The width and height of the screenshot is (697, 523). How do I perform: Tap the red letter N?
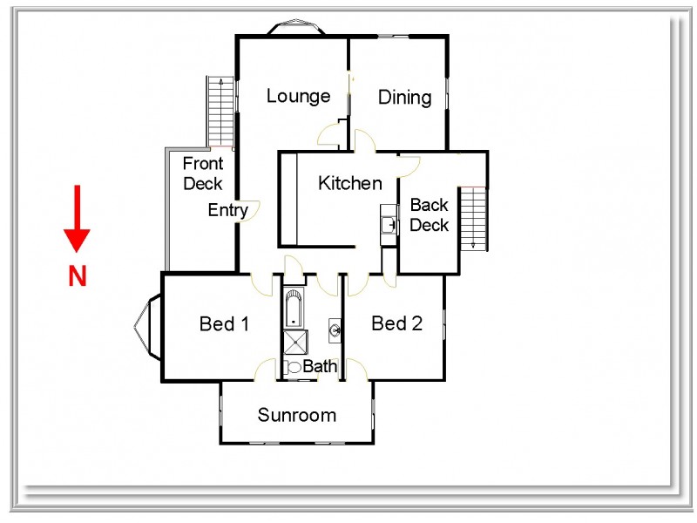(78, 276)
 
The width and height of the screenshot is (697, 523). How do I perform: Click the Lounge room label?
(298, 96)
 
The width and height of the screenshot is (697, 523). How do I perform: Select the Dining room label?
(404, 97)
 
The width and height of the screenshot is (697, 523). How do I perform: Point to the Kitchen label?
(349, 183)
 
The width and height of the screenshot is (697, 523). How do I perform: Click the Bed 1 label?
(225, 324)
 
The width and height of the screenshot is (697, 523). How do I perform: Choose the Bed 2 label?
(396, 324)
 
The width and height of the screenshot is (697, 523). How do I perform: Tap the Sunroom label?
(296, 415)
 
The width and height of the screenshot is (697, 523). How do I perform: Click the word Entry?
(227, 210)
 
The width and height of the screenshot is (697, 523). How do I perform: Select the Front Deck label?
(203, 173)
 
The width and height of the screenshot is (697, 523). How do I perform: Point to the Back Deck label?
(429, 215)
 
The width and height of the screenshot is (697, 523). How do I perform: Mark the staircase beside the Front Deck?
(220, 112)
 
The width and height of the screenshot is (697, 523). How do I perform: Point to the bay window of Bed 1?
(147, 327)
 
